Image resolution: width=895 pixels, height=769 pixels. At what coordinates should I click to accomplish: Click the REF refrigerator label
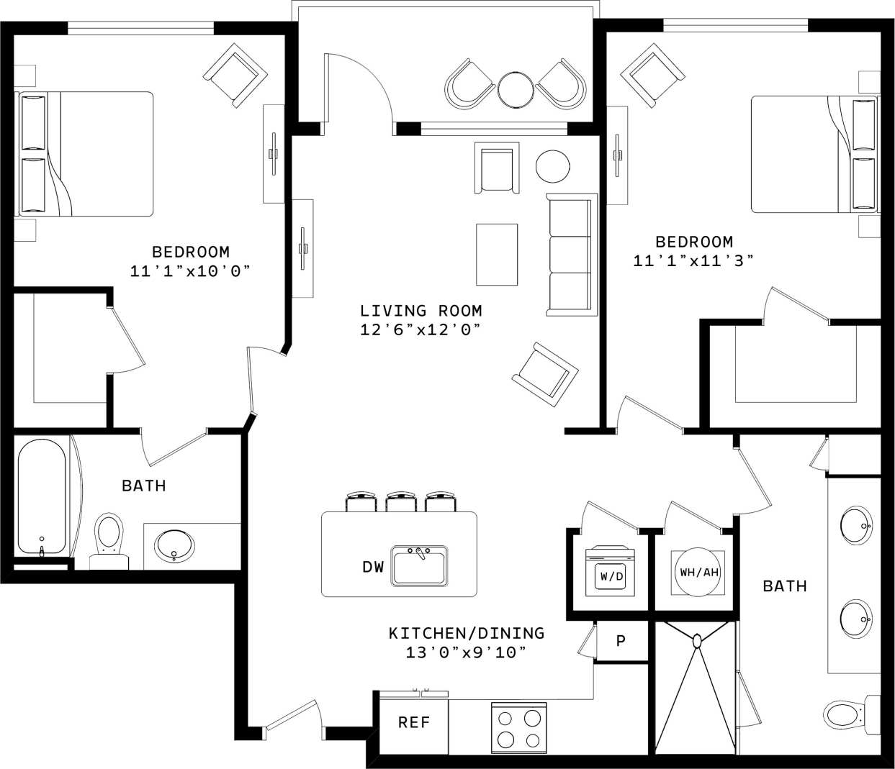point(413,722)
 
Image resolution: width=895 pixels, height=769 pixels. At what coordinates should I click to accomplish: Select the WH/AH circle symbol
point(698,573)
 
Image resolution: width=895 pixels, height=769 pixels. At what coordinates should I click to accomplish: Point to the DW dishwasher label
point(373,568)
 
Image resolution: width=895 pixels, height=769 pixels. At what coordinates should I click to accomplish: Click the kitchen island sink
point(420,565)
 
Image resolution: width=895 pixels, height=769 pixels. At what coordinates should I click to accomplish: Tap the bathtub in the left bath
point(42,496)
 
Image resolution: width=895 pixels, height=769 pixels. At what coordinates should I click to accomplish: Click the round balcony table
point(516,89)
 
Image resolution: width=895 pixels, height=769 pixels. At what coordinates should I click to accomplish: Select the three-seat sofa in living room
point(572,255)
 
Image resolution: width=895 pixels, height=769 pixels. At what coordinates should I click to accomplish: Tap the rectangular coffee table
point(496,254)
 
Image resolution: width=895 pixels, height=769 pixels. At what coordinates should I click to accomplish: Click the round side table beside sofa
point(553,165)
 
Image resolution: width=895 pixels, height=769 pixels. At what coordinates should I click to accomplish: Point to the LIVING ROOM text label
point(420,311)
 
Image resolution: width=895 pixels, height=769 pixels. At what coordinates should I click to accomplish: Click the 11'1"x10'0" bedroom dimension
point(190,271)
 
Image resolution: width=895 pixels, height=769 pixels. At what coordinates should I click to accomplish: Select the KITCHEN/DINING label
point(466,633)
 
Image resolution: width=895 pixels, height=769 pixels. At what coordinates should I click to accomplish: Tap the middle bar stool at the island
point(400,501)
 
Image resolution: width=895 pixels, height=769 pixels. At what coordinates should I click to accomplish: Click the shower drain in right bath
point(696,639)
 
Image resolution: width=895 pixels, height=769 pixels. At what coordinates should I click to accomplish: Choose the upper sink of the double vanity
point(856,525)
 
